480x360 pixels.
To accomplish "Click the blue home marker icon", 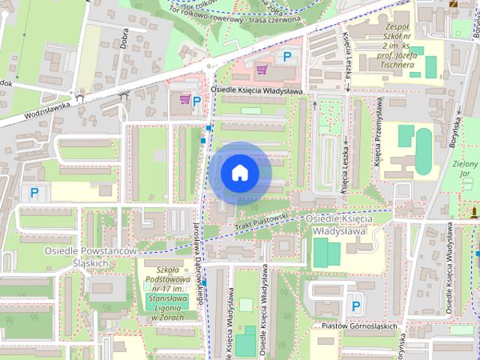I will click(239, 173).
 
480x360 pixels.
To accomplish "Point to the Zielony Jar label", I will click(465, 169).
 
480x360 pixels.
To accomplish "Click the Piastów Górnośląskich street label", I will click(358, 325).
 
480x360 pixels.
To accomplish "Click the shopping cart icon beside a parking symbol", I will click(184, 99).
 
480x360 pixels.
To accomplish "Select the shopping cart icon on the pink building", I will click(262, 70).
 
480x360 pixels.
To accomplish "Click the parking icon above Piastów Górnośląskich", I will click(356, 306).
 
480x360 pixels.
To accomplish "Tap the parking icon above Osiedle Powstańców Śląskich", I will click(34, 193).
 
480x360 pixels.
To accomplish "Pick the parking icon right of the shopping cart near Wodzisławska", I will click(197, 100).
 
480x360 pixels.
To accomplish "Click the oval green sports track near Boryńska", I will click(424, 142).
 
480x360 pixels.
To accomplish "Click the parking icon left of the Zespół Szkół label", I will click(285, 56).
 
